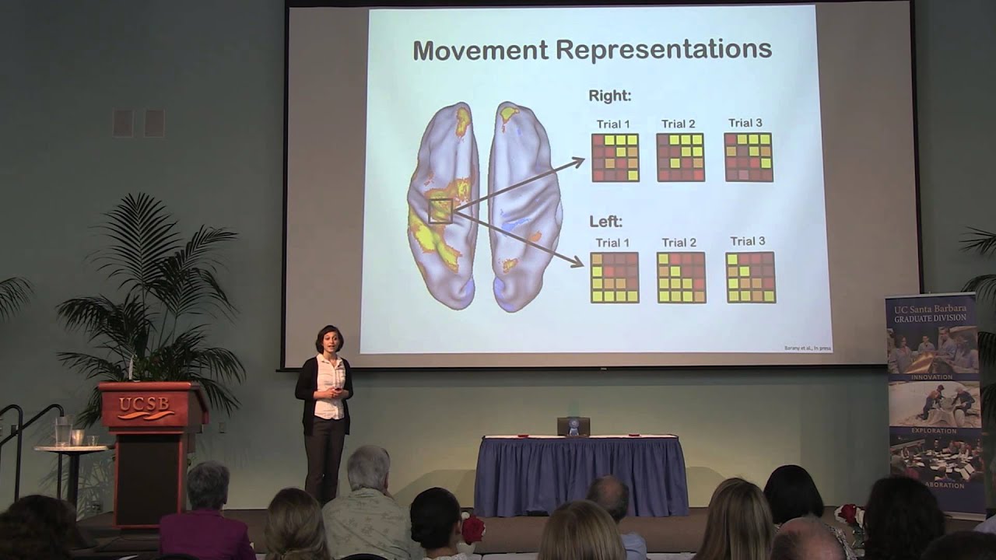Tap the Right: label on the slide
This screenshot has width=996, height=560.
(609, 96)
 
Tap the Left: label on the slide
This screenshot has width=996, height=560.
(605, 222)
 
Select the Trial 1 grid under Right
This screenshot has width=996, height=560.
(615, 158)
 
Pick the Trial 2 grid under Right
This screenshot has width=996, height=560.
(680, 158)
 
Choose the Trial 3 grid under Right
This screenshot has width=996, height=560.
(748, 157)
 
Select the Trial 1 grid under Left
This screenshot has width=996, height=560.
(615, 278)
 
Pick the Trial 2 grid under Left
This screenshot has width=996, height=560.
(681, 278)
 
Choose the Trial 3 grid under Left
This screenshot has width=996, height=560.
(751, 277)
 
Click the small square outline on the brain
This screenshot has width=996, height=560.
(440, 211)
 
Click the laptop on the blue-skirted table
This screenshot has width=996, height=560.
(573, 426)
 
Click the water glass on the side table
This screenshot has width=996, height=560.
(63, 432)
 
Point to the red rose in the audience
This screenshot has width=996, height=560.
(473, 528)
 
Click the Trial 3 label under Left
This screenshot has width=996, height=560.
(747, 241)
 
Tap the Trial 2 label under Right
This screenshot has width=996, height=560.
(678, 124)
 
